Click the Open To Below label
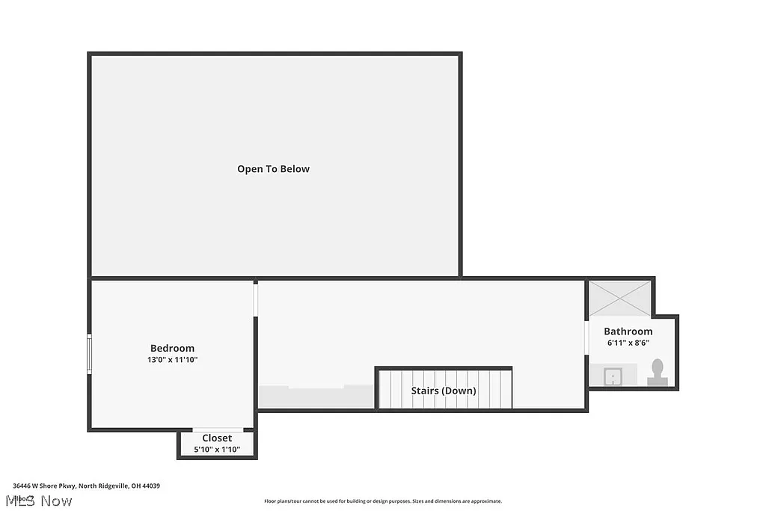click(273, 169)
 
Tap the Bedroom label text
click(172, 348)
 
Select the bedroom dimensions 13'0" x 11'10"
click(172, 360)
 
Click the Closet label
click(217, 438)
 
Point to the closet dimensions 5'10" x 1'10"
click(217, 450)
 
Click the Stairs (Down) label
click(444, 391)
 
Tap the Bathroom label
click(628, 331)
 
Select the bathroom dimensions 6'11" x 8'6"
click(628, 343)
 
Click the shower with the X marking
click(620, 299)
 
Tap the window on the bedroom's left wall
click(90, 355)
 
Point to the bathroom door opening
click(586, 337)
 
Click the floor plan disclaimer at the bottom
click(383, 501)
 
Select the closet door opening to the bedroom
click(218, 430)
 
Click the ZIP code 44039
click(151, 486)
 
